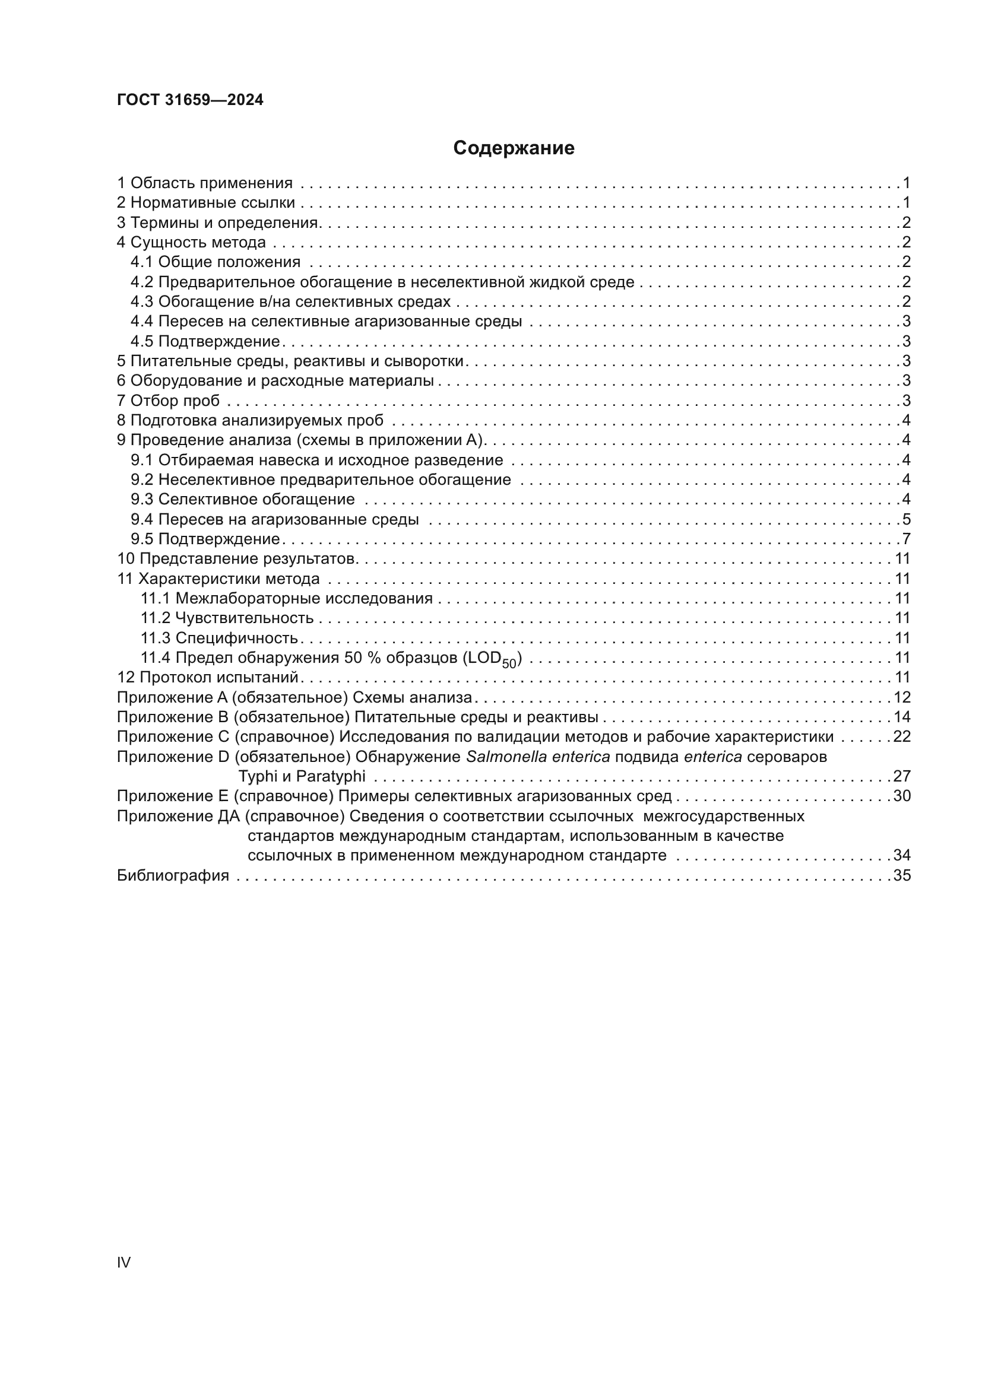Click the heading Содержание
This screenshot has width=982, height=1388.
pos(514,148)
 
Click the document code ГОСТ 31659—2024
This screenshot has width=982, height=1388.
pos(190,100)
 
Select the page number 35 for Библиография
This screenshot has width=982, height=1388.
pos(902,875)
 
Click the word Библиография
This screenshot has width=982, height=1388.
pos(173,875)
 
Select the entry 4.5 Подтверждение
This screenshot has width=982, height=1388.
pos(205,342)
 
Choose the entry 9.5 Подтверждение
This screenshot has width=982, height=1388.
pos(205,539)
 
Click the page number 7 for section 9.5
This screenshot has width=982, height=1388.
pos(906,539)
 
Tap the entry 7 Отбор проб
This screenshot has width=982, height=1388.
pos(168,401)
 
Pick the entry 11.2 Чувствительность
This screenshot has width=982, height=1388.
pos(227,618)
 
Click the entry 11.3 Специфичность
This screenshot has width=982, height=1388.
pos(219,639)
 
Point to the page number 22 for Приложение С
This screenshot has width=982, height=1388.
pos(902,737)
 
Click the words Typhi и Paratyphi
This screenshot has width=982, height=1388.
pos(302,776)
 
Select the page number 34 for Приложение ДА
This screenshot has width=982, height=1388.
pos(902,856)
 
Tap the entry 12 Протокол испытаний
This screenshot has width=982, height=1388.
pos(208,678)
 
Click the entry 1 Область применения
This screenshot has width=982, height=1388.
pos(204,183)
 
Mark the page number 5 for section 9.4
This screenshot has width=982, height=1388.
pos(906,519)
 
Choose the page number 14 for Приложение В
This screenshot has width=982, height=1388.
pos(902,717)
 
